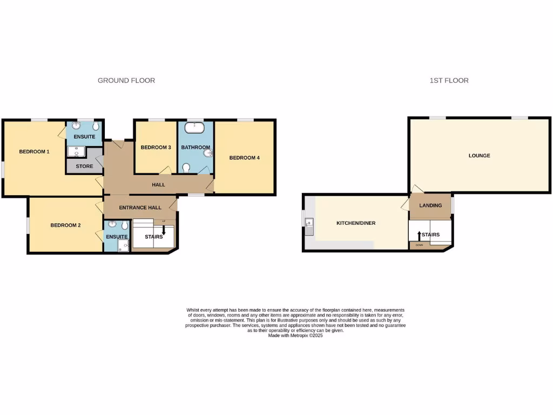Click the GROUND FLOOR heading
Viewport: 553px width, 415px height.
(x=126, y=81)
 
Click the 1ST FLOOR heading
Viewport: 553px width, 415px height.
(x=449, y=81)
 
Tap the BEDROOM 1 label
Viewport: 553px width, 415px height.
(x=34, y=151)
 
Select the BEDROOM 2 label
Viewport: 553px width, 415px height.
(x=65, y=225)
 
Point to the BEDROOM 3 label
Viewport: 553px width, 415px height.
(x=156, y=148)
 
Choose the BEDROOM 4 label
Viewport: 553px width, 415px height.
(x=245, y=158)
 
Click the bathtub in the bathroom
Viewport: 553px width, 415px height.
(x=194, y=129)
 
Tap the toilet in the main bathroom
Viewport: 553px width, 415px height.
(x=186, y=168)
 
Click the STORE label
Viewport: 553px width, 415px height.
(x=84, y=166)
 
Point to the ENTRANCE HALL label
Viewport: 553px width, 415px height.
(x=140, y=207)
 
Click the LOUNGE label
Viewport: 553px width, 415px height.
(x=479, y=156)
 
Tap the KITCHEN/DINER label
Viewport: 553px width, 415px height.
(x=356, y=223)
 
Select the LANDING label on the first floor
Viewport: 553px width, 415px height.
(x=430, y=205)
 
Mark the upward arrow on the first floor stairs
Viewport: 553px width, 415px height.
(x=419, y=235)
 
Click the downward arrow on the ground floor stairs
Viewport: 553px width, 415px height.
(x=164, y=229)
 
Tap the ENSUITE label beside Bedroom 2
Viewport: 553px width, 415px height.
(x=117, y=237)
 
